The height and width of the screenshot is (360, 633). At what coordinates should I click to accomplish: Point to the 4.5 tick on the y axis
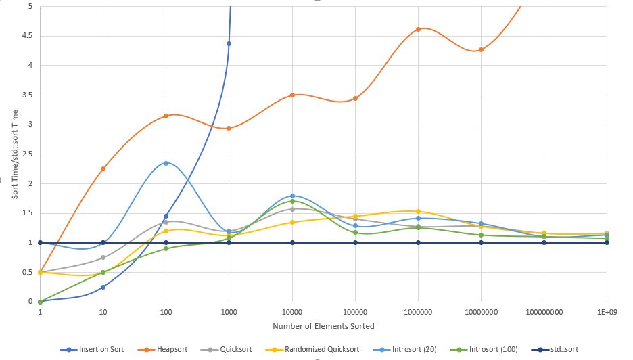point(26,36)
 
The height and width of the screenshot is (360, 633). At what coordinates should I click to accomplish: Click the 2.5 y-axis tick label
point(26,154)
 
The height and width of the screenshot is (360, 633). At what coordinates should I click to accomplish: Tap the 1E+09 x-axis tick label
point(606,313)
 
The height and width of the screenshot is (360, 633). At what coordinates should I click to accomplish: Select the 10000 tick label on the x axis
point(292,313)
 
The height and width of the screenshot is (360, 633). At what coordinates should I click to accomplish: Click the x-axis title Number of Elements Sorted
point(323,326)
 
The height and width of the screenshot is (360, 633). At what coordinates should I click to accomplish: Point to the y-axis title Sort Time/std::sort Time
point(15,154)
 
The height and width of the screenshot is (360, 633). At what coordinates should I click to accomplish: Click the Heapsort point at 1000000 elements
point(418,29)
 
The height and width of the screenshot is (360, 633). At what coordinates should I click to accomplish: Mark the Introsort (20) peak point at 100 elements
point(166,163)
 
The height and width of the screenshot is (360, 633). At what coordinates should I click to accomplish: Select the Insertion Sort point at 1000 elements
point(229,43)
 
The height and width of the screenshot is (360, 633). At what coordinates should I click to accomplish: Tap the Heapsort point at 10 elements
point(103,168)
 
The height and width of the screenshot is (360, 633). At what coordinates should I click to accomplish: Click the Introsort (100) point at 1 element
point(41,302)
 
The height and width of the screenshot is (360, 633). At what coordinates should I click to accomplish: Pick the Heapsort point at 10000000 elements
point(481,50)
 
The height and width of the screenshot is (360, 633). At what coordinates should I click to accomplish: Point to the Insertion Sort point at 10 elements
point(103,287)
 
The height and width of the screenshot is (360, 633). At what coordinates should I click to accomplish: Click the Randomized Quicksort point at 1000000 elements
point(418,211)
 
